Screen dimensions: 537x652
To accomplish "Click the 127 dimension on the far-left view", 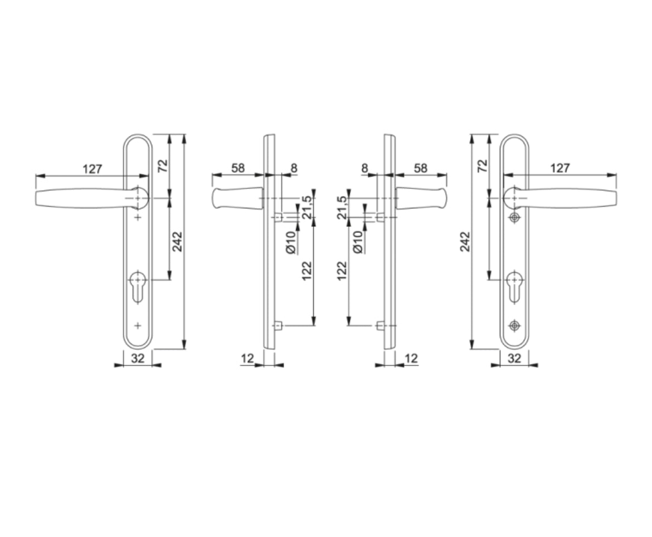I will tap(92, 168).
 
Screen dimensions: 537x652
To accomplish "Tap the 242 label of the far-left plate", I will tap(177, 241).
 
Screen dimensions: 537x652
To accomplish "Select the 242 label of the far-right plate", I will tap(465, 241).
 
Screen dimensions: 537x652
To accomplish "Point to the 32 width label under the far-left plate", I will tap(137, 359).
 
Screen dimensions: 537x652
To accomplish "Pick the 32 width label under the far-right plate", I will tap(514, 359).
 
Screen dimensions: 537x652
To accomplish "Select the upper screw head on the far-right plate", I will tap(514, 217).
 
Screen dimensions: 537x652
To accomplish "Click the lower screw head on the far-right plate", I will tap(514, 325).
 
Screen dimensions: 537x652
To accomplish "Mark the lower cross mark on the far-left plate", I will tap(137, 325).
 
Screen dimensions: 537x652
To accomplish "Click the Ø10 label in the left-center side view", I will tap(290, 242).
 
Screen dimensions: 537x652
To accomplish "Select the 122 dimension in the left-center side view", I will tap(306, 271).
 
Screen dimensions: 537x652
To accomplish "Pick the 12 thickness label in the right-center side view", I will tap(411, 359).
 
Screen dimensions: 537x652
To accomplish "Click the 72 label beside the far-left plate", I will tap(162, 165).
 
